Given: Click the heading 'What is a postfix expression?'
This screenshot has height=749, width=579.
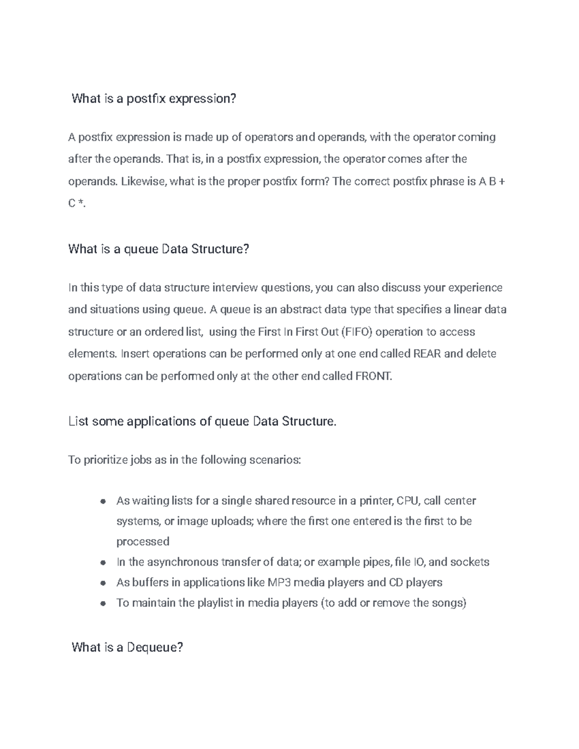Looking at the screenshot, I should point(154,99).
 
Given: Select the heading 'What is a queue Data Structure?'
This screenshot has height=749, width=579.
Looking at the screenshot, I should point(159,249).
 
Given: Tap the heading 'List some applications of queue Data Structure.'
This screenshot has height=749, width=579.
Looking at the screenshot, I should point(202,422).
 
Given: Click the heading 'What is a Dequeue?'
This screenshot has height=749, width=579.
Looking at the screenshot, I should point(127,647).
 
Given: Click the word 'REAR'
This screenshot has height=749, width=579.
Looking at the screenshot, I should point(427,354).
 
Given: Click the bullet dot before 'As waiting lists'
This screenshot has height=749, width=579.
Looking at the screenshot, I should point(103,502).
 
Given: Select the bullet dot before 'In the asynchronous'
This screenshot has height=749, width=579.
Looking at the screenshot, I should point(103,563).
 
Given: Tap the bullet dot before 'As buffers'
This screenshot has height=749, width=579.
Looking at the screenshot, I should point(103,583).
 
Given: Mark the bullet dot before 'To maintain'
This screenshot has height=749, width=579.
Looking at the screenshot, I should point(103,603).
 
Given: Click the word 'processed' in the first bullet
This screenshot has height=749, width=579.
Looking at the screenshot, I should point(143,542).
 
